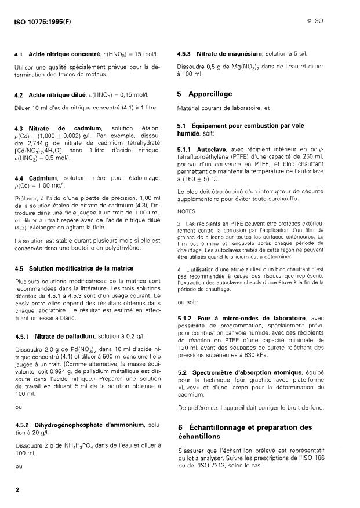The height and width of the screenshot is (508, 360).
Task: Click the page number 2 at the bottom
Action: tap(17, 489)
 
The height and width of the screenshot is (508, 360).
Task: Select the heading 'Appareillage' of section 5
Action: tap(209, 93)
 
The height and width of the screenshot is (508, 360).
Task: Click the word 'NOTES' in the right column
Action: tap(187, 211)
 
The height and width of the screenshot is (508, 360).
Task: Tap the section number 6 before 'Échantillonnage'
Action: tap(180, 427)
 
